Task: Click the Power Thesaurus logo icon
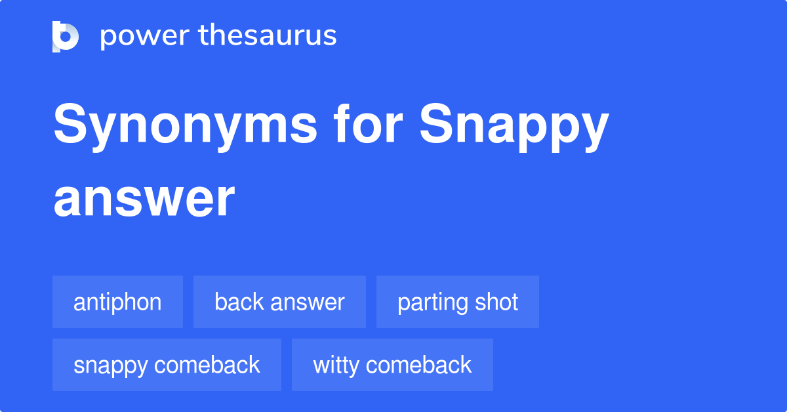tap(66, 36)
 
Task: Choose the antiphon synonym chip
tap(117, 302)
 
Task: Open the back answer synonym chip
tap(279, 302)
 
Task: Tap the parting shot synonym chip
tap(458, 302)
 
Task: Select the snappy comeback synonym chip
tap(167, 365)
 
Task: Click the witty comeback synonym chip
tap(392, 365)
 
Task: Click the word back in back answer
tap(237, 302)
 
